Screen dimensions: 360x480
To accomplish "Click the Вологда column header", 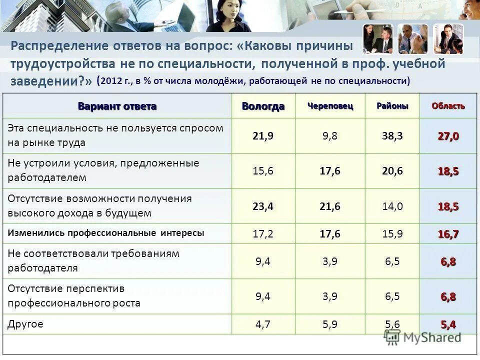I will click(x=263, y=106).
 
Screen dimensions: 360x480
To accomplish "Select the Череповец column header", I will click(x=330, y=106).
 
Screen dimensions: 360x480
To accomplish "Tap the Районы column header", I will click(x=392, y=106).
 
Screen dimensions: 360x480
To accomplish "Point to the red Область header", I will click(x=448, y=106).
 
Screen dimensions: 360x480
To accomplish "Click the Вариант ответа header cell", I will click(x=117, y=106).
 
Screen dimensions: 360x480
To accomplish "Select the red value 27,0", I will click(x=448, y=136).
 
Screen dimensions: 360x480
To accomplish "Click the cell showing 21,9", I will click(x=263, y=136).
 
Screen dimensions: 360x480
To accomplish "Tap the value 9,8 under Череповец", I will click(x=330, y=136).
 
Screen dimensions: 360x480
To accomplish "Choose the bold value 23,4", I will click(x=263, y=206).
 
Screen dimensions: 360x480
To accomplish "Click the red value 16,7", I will click(x=448, y=233).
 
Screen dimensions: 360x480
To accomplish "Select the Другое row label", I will click(x=25, y=324).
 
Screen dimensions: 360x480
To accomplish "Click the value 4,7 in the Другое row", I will click(x=263, y=324).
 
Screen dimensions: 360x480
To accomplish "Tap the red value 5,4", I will click(x=448, y=324).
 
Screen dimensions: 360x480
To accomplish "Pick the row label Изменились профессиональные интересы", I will click(x=106, y=233).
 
